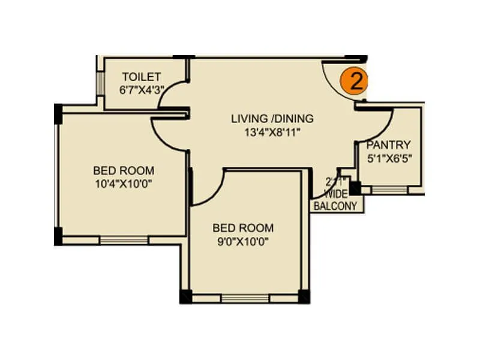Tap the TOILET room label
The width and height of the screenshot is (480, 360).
pos(141,77)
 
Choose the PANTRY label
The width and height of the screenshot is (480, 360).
pos(389,145)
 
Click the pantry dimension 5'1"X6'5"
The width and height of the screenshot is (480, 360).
pos(389,158)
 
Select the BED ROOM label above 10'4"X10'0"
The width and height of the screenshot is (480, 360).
pos(123,170)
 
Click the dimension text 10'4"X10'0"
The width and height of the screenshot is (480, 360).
pos(123,184)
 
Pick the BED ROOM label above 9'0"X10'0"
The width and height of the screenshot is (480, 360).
pos(243,228)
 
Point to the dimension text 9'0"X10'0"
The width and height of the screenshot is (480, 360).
pos(243,242)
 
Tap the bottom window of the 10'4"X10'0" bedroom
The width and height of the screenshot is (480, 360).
pos(124,241)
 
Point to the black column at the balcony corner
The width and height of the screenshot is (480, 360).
pos(356,188)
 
